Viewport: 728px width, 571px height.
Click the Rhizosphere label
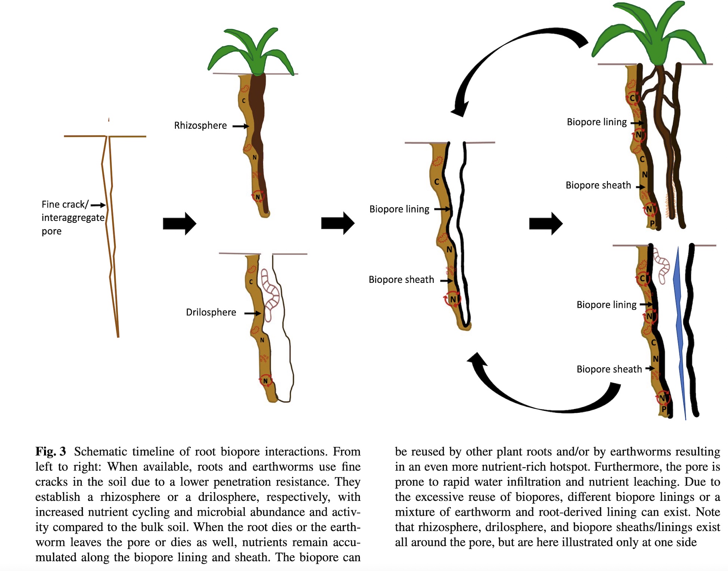pos(200,125)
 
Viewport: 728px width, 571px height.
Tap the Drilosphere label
pos(211,312)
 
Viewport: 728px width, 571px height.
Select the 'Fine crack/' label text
pos(65,205)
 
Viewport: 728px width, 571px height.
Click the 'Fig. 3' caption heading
pos(50,452)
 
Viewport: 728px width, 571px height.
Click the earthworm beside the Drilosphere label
pos(271,295)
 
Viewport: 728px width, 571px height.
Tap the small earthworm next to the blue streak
pos(663,269)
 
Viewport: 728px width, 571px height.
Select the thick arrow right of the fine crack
pos(180,224)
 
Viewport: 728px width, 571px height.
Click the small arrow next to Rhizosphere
pos(241,127)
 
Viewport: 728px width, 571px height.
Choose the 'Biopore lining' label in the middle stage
pos(399,209)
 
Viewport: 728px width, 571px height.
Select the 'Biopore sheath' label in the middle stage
pos(401,280)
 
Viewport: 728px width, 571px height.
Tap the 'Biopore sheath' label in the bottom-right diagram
pos(609,369)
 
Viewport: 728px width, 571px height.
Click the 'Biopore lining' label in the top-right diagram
pos(597,122)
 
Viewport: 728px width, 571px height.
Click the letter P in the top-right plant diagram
pos(652,224)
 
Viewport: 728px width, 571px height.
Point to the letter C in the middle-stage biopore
pos(436,182)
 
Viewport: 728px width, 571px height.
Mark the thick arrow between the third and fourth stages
pos(546,224)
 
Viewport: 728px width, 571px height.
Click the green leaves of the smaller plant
pos(251,52)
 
